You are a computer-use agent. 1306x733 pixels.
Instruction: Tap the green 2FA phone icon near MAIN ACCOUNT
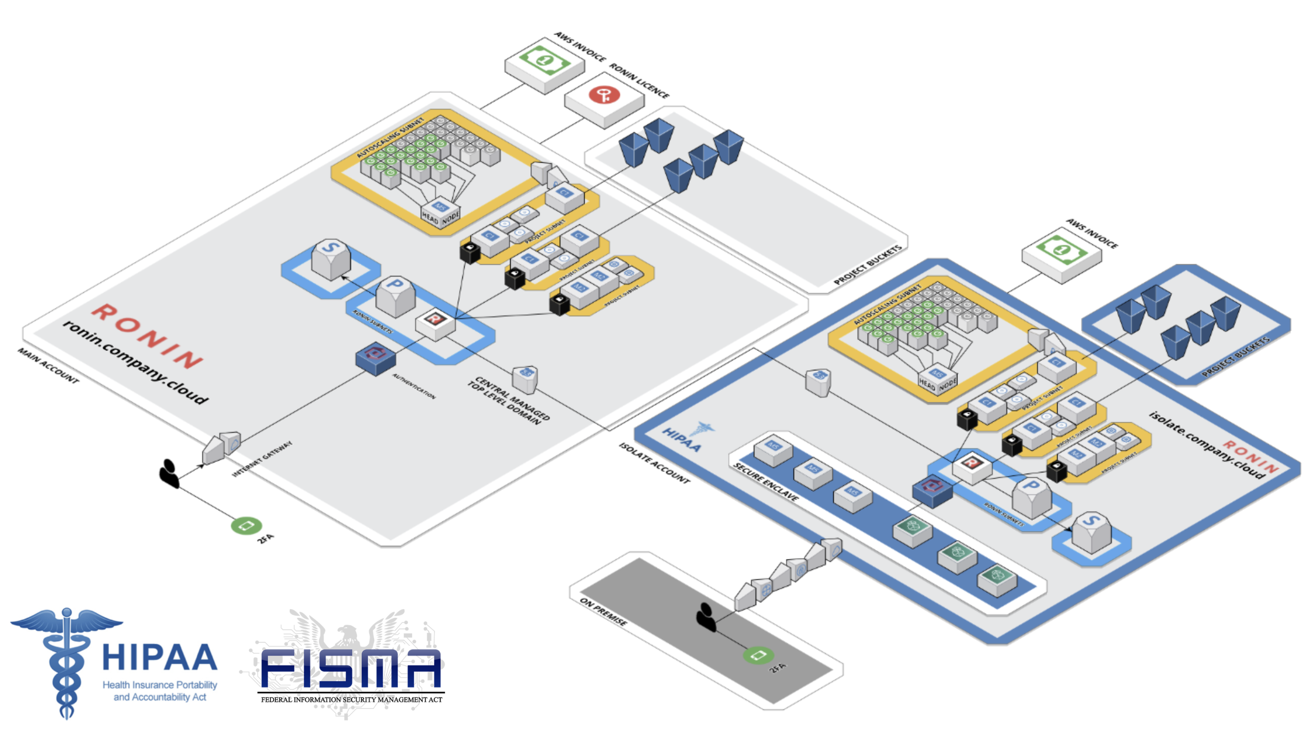pyautogui.click(x=247, y=526)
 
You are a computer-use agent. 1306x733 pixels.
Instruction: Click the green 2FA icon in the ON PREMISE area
pyautogui.click(x=758, y=655)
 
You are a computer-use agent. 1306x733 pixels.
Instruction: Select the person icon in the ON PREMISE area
pyautogui.click(x=706, y=616)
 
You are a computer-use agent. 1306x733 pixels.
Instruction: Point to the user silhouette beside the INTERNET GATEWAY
pyautogui.click(x=169, y=474)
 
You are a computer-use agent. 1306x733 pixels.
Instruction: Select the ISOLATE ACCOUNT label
pyautogui.click(x=654, y=463)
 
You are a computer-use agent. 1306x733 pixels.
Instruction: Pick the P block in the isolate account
pyautogui.click(x=1031, y=497)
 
